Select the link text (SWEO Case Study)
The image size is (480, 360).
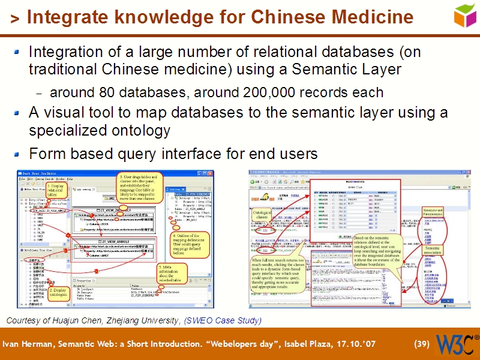coord(223,321)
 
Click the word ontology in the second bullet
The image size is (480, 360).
coord(141,130)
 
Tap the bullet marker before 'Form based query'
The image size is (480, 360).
coord(18,154)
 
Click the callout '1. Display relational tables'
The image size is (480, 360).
coord(55,191)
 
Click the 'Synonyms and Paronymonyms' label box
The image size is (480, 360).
coord(432,212)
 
